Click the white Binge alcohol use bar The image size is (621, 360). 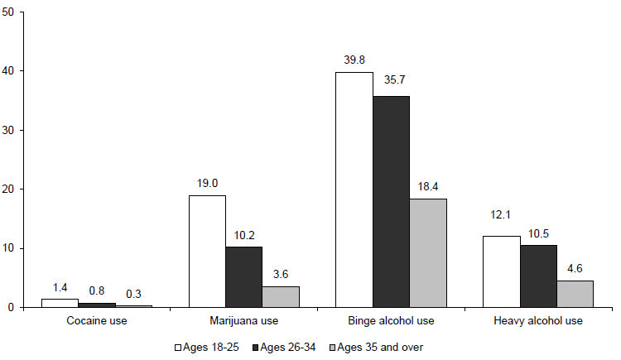354,190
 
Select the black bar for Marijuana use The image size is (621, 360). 244,276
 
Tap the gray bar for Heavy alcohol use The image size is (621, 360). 575,294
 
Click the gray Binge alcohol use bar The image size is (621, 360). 428,252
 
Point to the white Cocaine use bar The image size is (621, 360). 60,303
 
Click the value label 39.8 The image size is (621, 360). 354,60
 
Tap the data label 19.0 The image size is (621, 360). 207,183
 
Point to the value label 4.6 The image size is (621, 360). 575,268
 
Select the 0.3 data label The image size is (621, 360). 133,294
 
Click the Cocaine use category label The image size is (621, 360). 97,320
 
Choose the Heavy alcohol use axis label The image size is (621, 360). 539,320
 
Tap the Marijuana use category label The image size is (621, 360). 244,320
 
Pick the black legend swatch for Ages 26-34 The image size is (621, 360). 255,346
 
